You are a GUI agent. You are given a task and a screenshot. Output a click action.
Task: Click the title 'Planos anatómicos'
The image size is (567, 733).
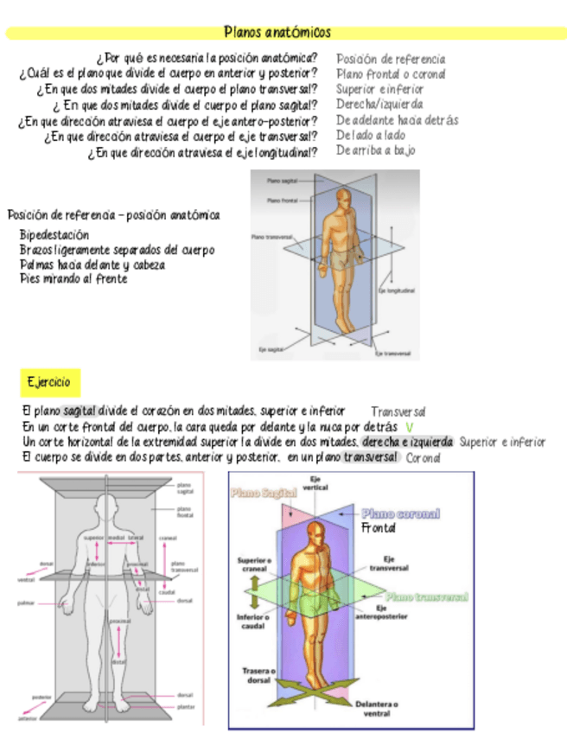tap(277, 33)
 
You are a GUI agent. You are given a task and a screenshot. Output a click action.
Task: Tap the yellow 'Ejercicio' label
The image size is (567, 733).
tap(48, 381)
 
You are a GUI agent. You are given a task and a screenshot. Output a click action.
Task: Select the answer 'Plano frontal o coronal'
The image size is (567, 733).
tap(392, 74)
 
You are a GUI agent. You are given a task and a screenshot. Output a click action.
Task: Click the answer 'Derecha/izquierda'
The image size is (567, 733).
tap(379, 105)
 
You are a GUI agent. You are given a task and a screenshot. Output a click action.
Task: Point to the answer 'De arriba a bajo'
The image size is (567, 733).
tap(376, 150)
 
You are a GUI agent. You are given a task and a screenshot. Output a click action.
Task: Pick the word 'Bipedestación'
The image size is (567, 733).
tap(54, 234)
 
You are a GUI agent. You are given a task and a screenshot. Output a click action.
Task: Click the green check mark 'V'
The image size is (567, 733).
tap(409, 427)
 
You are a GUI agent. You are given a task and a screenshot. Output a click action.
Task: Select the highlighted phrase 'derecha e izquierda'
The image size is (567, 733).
tap(408, 442)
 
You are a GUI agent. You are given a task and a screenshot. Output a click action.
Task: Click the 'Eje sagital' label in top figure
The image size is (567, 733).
tap(269, 350)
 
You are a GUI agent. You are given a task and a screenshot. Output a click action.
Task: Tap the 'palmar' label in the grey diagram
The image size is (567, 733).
tap(25, 603)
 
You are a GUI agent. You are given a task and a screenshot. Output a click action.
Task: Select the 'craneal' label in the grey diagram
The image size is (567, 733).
tap(168, 538)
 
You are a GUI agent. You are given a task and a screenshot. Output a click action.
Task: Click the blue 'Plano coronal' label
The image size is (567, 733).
tap(400, 513)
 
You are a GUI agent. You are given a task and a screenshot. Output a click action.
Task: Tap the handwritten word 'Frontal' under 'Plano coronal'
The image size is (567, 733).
tap(379, 527)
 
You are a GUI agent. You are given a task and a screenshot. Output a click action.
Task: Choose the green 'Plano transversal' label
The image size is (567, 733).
tap(427, 596)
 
